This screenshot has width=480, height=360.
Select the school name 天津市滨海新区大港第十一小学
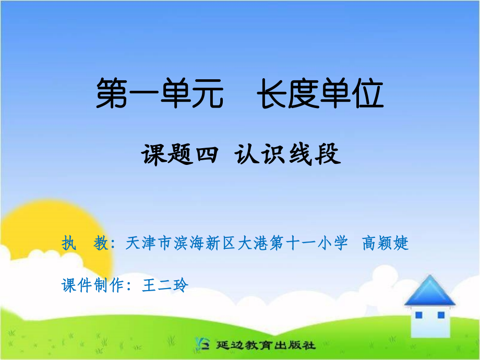tap(236, 243)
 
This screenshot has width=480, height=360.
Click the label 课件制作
tap(93, 285)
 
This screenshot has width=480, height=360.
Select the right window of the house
tap(441, 315)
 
